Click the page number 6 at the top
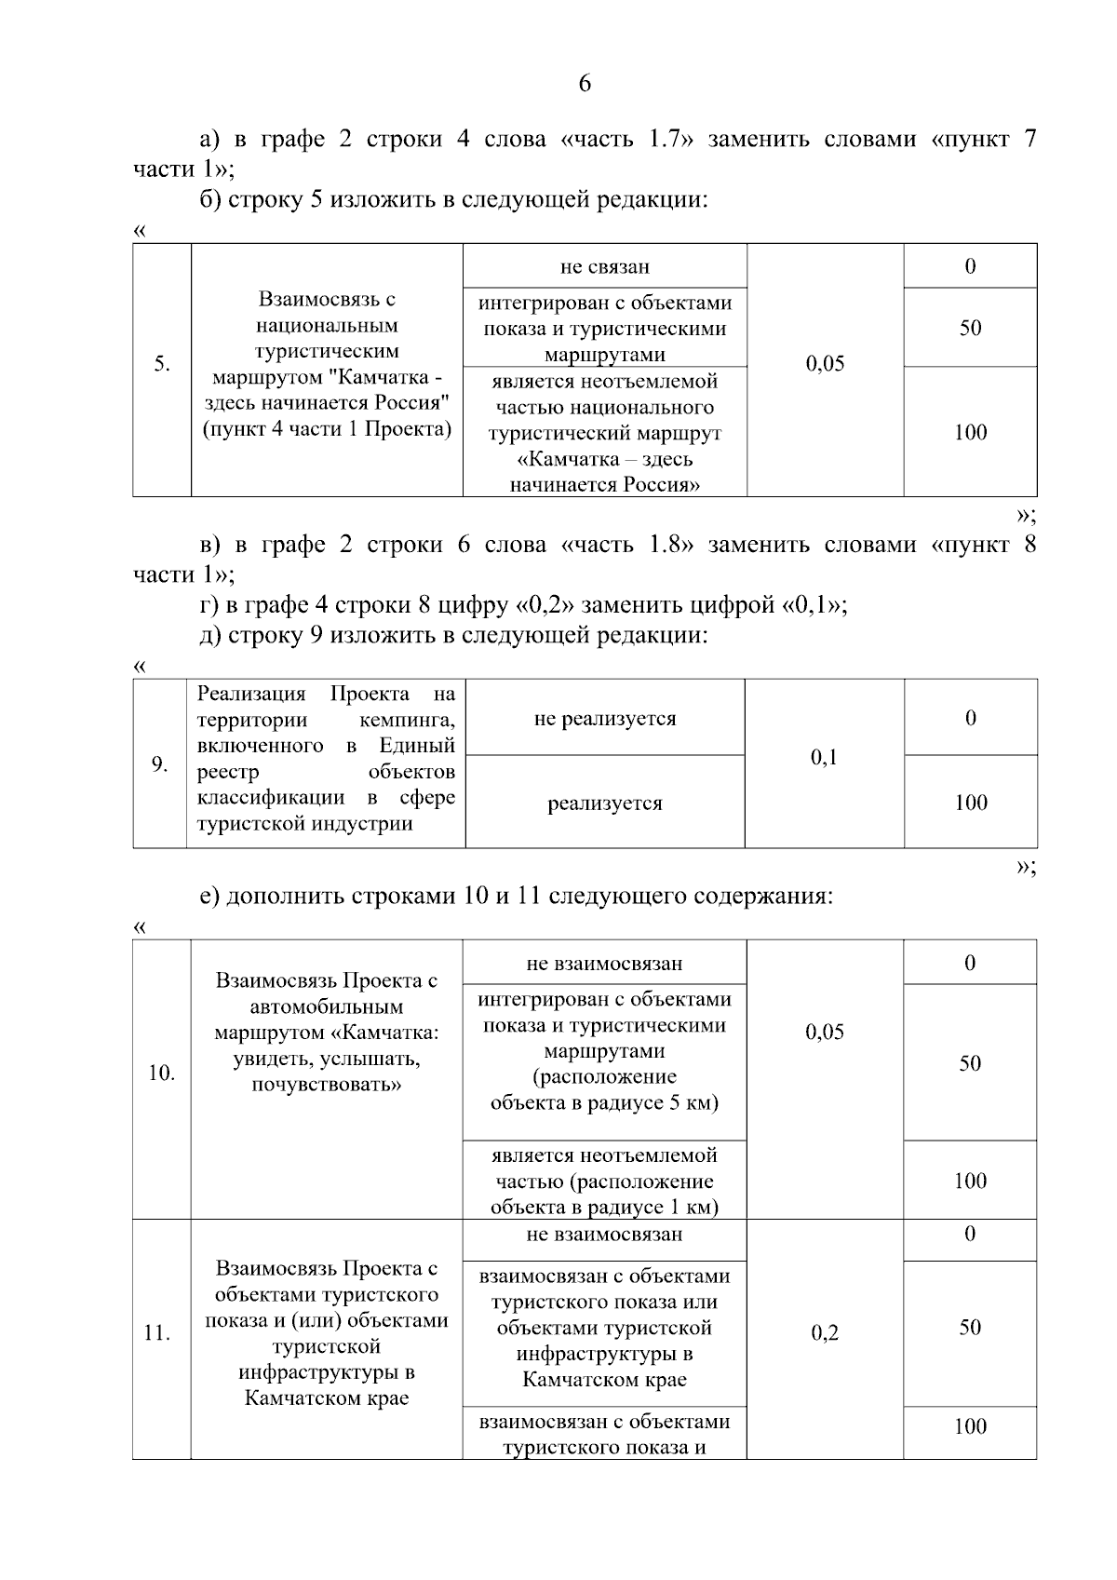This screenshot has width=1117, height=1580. pyautogui.click(x=585, y=84)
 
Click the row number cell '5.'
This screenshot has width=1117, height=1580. pyautogui.click(x=162, y=363)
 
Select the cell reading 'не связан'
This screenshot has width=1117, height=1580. pyautogui.click(x=605, y=267)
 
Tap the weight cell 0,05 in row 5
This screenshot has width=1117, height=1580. pyautogui.click(x=825, y=364)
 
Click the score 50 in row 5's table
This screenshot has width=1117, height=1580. pyautogui.click(x=970, y=328)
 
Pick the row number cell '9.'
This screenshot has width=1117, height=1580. pyautogui.click(x=159, y=764)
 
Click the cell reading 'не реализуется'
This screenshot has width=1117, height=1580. pyautogui.click(x=605, y=719)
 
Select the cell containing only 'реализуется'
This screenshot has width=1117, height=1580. pyautogui.click(x=605, y=804)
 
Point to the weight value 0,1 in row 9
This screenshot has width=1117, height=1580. pyautogui.click(x=824, y=758)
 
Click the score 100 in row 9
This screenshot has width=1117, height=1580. pyautogui.click(x=970, y=803)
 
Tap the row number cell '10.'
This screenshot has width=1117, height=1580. pyautogui.click(x=162, y=1074)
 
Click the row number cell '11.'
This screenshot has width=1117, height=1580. pyautogui.click(x=157, y=1333)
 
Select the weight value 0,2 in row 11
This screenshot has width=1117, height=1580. pyautogui.click(x=825, y=1333)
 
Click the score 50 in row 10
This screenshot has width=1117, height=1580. pyautogui.click(x=970, y=1063)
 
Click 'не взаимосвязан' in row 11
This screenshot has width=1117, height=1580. pyautogui.click(x=604, y=1235)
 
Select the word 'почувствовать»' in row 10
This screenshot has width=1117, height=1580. pyautogui.click(x=327, y=1086)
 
